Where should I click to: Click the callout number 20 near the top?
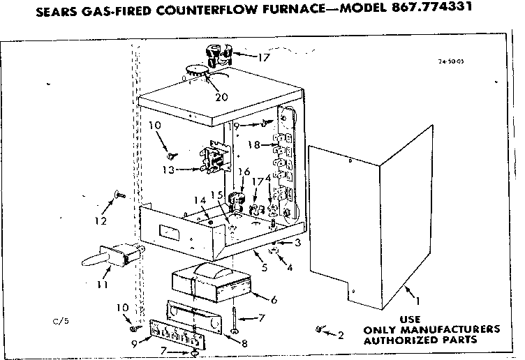point(221,97)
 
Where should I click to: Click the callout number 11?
point(102,285)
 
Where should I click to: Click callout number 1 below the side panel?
point(418,301)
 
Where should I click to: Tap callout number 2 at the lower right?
point(341,336)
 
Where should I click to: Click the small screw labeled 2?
point(320,328)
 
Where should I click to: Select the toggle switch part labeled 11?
point(115,255)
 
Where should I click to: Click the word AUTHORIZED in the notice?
point(397,340)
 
